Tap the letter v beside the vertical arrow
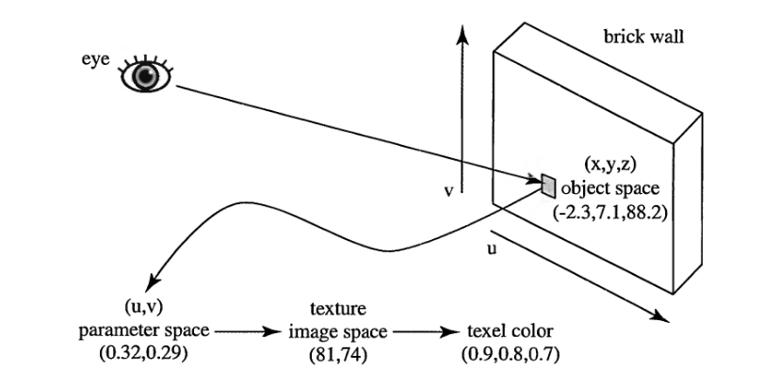449,191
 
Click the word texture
332,310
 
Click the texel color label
510,332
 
